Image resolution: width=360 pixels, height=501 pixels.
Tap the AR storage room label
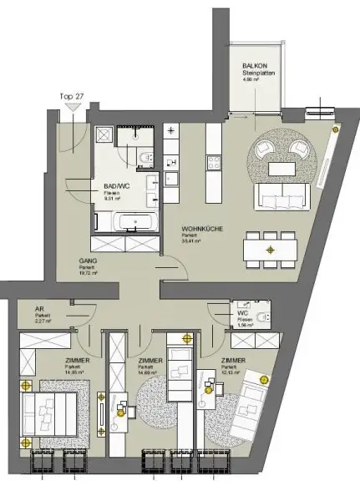coord(40,307)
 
